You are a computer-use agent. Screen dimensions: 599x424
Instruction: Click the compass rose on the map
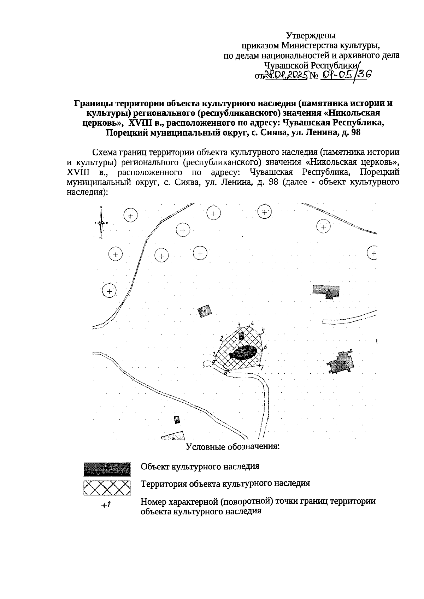tap(101, 223)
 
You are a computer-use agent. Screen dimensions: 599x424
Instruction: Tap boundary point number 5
tap(263, 332)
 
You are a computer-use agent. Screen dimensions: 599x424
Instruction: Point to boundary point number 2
tap(222, 338)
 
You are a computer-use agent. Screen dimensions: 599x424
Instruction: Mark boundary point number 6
tap(265, 347)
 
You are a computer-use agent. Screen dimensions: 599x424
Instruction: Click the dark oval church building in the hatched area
tap(243, 352)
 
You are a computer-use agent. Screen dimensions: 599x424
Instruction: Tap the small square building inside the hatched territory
tap(241, 336)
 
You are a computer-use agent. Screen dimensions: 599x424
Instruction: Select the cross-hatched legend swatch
tap(107, 488)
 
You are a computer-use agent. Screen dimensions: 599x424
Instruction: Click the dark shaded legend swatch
tap(107, 469)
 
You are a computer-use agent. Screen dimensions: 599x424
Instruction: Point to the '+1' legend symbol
tap(106, 505)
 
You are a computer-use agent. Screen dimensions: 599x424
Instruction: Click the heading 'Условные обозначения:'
tap(233, 446)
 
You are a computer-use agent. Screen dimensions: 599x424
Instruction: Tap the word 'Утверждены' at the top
tap(311, 36)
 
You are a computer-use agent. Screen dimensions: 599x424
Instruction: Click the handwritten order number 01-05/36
tap(343, 75)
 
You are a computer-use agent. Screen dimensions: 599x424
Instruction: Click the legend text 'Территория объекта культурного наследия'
tap(225, 484)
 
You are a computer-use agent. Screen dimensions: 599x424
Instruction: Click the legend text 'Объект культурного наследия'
tap(200, 466)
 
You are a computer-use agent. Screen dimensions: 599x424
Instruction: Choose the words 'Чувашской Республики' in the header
tap(311, 66)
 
